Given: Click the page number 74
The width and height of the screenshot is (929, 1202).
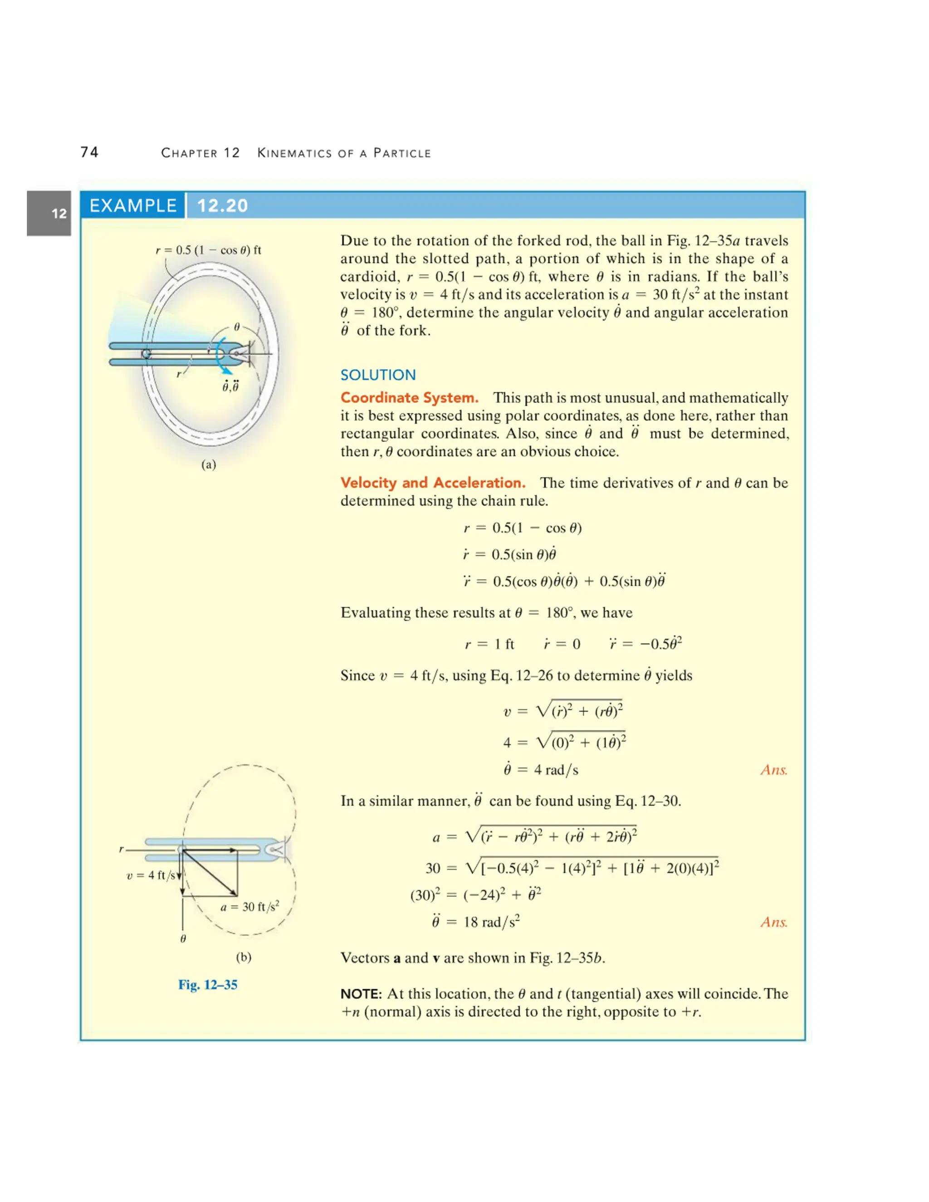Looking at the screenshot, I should [x=89, y=152].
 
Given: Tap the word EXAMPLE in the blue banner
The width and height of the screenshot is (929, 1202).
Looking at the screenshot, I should [x=132, y=205].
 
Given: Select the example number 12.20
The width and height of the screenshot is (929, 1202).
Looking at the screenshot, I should [x=222, y=205].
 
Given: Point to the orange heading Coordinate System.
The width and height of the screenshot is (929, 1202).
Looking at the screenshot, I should [x=409, y=397].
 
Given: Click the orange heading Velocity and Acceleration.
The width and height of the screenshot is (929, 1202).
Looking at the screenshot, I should [x=433, y=482].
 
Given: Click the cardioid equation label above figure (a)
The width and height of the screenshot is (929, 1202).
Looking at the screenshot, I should [x=208, y=250].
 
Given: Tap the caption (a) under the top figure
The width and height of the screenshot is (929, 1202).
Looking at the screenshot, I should [x=209, y=464].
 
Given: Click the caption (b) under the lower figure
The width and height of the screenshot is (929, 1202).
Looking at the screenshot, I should [x=243, y=957].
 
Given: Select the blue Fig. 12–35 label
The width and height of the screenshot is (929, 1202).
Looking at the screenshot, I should [x=207, y=985].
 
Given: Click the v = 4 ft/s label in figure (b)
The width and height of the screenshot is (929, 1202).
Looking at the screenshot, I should [x=150, y=875].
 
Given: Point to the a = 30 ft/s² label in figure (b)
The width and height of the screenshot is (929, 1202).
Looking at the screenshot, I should [x=249, y=906].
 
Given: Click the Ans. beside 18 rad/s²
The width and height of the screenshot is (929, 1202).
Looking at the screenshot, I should [x=774, y=922].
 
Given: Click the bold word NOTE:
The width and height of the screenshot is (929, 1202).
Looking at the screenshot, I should [x=361, y=994].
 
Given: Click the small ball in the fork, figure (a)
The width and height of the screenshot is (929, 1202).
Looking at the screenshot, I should [x=147, y=353].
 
